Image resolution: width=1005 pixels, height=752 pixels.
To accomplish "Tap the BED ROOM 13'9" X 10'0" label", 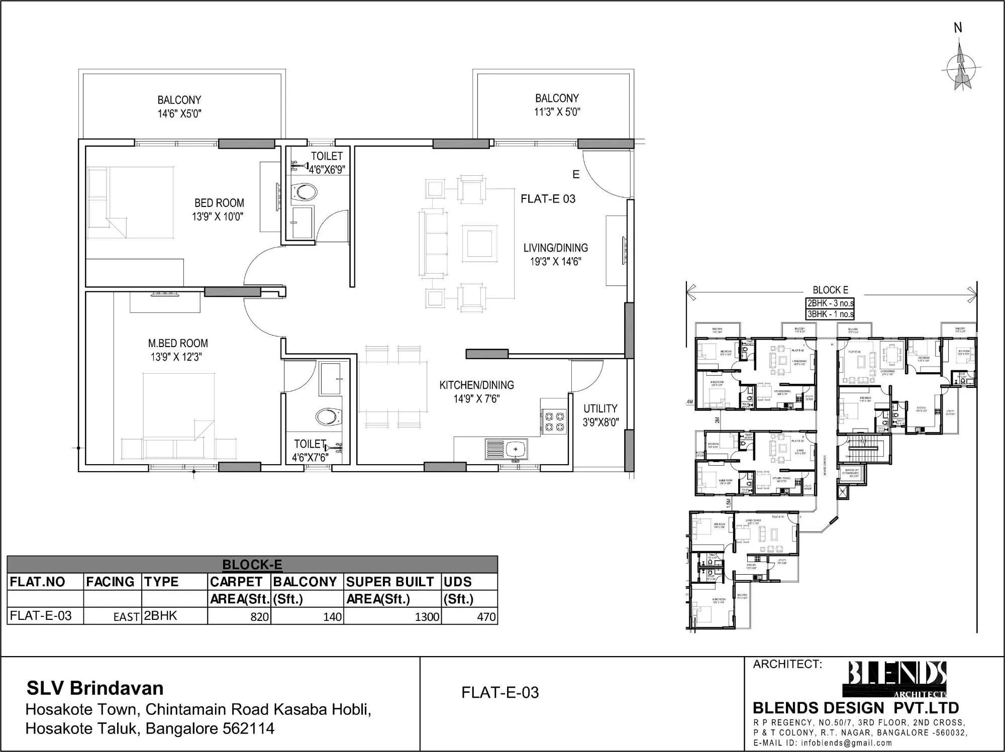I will coord(219,209).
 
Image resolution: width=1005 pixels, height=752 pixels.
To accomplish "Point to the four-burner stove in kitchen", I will coord(553,422).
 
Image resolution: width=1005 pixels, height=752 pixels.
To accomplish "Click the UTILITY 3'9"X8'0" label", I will coord(600,415).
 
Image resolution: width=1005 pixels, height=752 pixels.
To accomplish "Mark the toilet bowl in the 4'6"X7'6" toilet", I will coord(328,416).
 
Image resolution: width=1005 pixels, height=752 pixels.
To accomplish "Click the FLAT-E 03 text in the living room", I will coord(548,199).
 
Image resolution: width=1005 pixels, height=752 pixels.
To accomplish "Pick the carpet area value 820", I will coord(259,616).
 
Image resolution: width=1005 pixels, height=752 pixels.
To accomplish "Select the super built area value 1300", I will coord(427,616).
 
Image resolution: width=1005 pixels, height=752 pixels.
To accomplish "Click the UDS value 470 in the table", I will coord(485,616).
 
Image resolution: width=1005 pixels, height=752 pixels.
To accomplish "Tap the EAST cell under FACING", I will coord(126,617).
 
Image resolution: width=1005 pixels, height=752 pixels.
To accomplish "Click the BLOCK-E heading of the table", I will coord(252,565).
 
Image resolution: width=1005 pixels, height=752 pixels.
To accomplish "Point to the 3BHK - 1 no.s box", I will coord(830,314).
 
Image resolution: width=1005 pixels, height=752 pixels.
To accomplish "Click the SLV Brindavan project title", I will coord(95,688).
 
